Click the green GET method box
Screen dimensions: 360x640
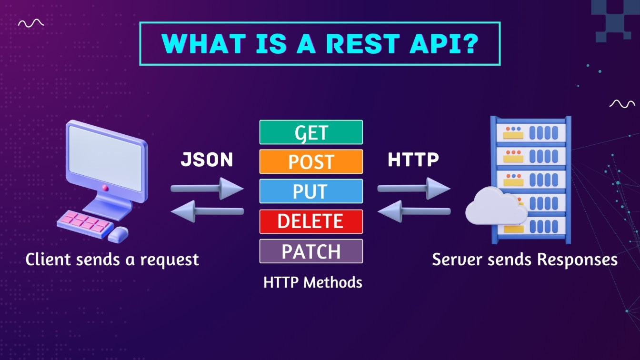(311, 132)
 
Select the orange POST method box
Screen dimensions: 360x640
(311, 161)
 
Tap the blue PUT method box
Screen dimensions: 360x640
(311, 191)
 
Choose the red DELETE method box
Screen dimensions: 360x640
(311, 221)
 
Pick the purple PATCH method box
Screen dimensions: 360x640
(311, 251)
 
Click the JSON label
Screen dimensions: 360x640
(207, 160)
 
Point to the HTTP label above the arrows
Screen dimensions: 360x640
(413, 160)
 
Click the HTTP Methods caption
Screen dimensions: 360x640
(312, 282)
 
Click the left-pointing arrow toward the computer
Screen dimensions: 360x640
(207, 211)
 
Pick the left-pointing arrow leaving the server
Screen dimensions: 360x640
(414, 211)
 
